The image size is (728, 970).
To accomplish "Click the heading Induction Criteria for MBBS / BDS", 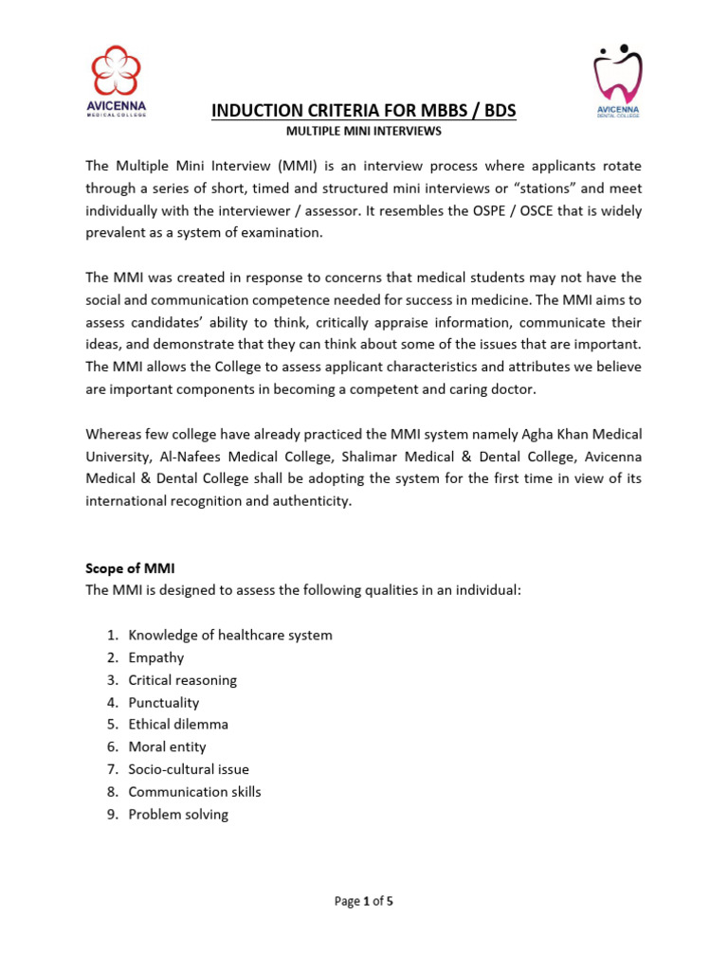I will click(x=364, y=111).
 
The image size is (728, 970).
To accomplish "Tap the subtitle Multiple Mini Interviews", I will click(x=364, y=131).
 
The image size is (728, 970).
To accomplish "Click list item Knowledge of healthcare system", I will click(x=230, y=635).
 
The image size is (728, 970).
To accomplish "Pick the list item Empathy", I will click(x=156, y=657).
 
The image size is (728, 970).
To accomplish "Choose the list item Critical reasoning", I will click(x=183, y=680).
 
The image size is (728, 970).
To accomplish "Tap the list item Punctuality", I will click(x=164, y=702).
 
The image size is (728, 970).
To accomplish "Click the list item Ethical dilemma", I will click(x=178, y=725).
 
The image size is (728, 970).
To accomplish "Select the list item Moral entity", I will click(x=167, y=746).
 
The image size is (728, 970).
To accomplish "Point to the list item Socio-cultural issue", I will click(x=189, y=769).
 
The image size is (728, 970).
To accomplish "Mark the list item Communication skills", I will click(x=194, y=791).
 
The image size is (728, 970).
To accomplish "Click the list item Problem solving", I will click(x=178, y=814).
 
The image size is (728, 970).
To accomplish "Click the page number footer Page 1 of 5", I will click(x=364, y=902).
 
